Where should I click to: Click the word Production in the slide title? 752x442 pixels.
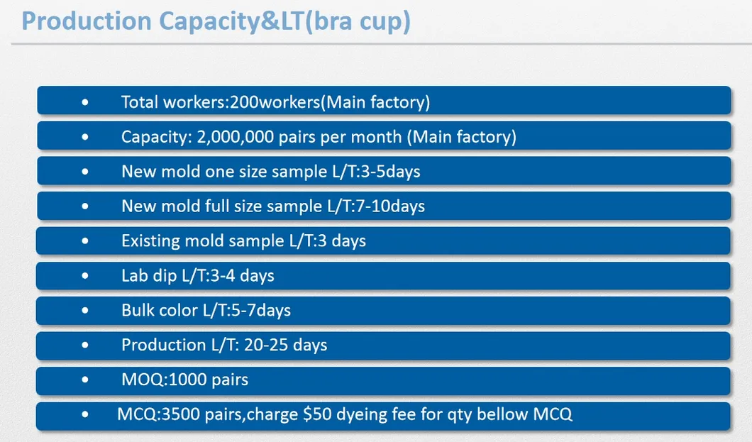(x=87, y=21)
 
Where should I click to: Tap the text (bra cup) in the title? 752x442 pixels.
(x=358, y=22)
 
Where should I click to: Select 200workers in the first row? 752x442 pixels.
(x=275, y=102)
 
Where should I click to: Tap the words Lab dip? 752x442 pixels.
(x=149, y=276)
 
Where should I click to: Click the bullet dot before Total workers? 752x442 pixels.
(x=85, y=102)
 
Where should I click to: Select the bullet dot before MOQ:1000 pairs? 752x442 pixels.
(x=85, y=380)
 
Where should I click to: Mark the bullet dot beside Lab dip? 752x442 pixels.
(x=85, y=276)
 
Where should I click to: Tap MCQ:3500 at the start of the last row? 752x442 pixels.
(x=159, y=414)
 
